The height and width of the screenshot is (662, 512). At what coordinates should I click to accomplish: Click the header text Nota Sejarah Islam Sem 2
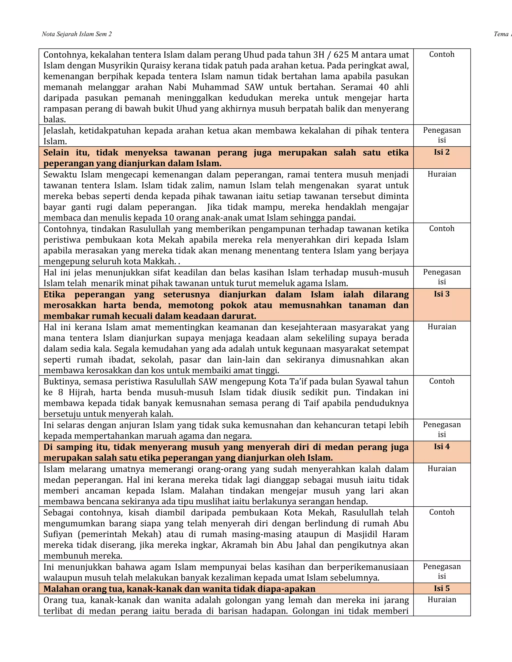76,34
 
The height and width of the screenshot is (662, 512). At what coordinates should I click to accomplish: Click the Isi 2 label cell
442,152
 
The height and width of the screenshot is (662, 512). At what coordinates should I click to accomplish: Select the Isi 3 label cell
442,294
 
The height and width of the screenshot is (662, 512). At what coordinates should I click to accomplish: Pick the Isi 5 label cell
442,588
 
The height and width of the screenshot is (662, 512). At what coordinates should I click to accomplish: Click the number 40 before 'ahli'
384,87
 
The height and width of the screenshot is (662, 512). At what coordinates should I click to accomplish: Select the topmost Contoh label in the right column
442,54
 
